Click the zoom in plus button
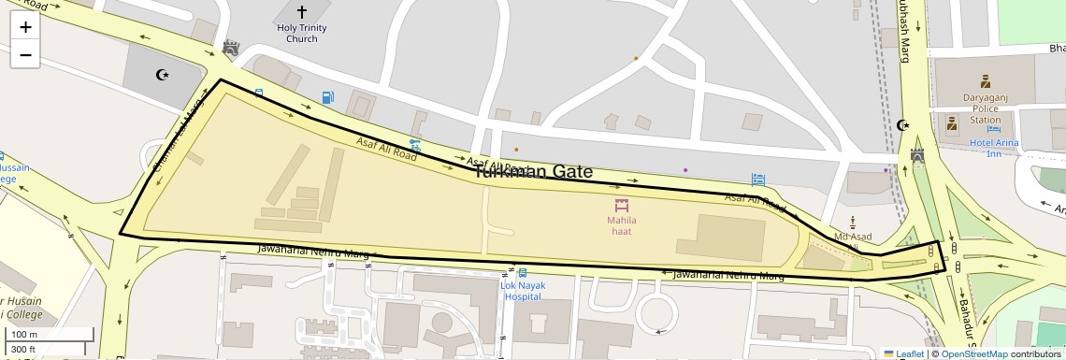[x=25, y=27]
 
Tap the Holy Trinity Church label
[x=302, y=34]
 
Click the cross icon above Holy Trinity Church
[x=302, y=12]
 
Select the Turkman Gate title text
[x=533, y=171]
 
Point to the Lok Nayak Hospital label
[x=521, y=291]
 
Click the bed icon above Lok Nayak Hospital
[x=521, y=273]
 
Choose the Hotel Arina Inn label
[x=994, y=148]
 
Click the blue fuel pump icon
[x=327, y=97]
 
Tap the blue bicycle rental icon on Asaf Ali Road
[x=415, y=146]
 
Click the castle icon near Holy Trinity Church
[x=230, y=48]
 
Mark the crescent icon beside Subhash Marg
[x=902, y=125]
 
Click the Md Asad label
[x=853, y=238]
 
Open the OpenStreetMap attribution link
[x=974, y=353]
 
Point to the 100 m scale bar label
[x=24, y=334]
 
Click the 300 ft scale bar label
[x=23, y=350]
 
